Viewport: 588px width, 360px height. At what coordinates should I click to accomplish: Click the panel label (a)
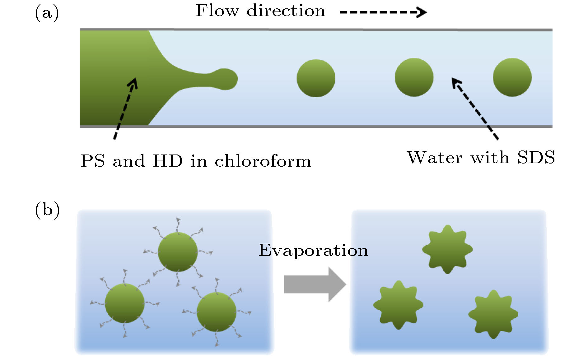point(47,13)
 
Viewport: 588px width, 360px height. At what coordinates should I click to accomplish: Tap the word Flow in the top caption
point(217,11)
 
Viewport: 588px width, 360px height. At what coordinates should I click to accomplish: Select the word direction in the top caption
point(286,11)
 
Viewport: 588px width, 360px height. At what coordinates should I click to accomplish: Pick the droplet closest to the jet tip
point(316,78)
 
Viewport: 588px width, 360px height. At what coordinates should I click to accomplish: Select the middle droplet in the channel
point(414,77)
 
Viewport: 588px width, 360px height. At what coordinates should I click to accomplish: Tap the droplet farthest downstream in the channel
point(512,77)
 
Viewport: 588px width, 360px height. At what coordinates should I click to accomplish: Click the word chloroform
point(263,161)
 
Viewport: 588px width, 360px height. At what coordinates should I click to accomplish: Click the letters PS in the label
point(92,161)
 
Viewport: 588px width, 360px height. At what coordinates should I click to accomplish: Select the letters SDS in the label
point(536,158)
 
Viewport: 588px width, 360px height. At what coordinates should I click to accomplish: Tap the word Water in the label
point(435,158)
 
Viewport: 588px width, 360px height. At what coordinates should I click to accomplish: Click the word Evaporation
point(313,251)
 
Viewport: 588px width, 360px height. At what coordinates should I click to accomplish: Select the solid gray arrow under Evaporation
point(314,284)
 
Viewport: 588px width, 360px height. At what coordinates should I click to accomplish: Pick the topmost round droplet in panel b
point(178,252)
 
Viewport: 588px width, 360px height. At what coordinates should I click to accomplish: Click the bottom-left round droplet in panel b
point(124,303)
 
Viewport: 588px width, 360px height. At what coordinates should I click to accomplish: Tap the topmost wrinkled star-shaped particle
point(447,249)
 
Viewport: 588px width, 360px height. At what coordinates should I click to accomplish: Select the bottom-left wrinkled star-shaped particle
point(398,305)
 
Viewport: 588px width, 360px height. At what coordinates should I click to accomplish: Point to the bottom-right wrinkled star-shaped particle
point(493,314)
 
